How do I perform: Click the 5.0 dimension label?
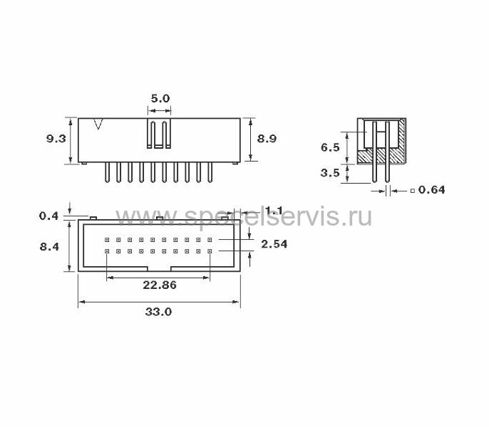coord(160,99)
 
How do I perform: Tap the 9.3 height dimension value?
coord(56,138)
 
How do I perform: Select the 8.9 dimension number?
coord(267,138)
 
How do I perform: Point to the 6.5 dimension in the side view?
coord(330,147)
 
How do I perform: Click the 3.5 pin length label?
coord(330,172)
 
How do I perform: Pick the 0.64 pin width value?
coord(432,190)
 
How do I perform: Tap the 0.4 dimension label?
coord(48,216)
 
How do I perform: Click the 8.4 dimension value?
coord(49,247)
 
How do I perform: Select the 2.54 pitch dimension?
coord(274,244)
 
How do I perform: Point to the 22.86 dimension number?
coord(160,285)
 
